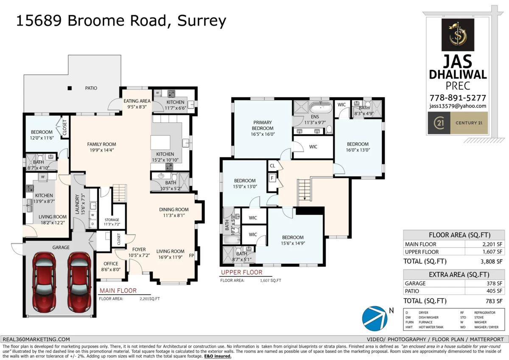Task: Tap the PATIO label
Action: pos(91,88)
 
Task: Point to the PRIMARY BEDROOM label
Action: pos(262,125)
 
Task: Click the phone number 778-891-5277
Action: pos(458,98)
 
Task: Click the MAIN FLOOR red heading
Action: pos(118,291)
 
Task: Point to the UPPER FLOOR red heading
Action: pos(241,273)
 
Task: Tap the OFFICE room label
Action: pos(111,264)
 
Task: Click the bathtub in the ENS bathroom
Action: pos(320,106)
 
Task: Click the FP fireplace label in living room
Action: pos(192,256)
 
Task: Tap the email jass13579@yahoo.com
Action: pos(458,106)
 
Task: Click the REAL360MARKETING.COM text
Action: pos(36,339)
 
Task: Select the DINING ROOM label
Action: pos(174,209)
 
